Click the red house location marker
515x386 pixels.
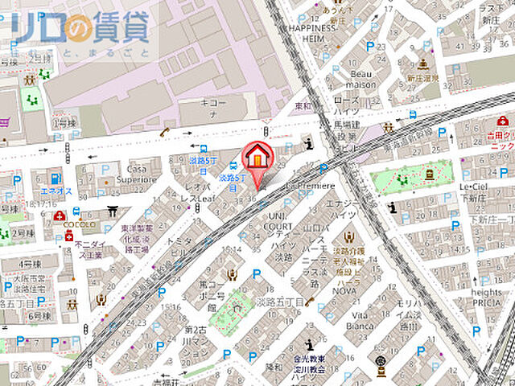click(x=257, y=157)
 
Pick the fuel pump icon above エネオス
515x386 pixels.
click(x=55, y=178)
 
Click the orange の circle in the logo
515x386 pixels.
click(x=79, y=30)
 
